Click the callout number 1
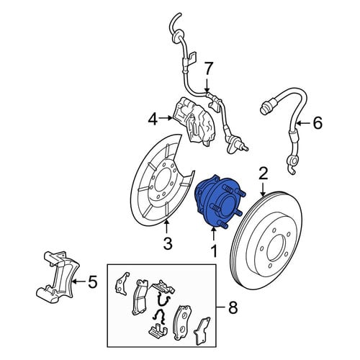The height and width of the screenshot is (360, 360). coord(214,251)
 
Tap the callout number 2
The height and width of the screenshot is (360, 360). coord(264,174)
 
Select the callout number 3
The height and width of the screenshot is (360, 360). coord(167,243)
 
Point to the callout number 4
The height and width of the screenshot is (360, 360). coord(153,119)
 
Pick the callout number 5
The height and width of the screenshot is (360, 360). coord(93,282)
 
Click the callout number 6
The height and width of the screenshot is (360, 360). coord(318,123)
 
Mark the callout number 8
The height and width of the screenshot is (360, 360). coord(233,307)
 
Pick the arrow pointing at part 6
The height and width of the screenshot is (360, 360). coord(303,123)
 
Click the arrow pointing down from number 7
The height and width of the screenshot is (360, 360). coord(207,85)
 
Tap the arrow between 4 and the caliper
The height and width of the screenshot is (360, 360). coord(166,118)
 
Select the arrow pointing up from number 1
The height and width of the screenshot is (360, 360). coord(213,233)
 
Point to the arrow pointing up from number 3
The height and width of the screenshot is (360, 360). coord(166,227)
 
